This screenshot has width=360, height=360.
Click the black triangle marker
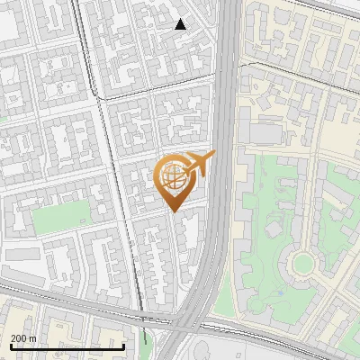coord(181,24)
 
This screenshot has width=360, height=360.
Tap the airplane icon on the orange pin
coord(199,164)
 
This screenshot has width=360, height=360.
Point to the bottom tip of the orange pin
coord(173,211)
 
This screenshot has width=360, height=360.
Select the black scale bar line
coord(67,346)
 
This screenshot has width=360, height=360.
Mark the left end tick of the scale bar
coord(12,346)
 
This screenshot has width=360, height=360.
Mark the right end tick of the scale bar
coord(123,346)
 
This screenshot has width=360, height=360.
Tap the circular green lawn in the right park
coord(302,264)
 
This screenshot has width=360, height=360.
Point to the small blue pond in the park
coord(276,291)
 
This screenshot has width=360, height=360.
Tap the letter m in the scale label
coord(33,338)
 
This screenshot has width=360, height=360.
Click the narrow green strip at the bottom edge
coord(146,346)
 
